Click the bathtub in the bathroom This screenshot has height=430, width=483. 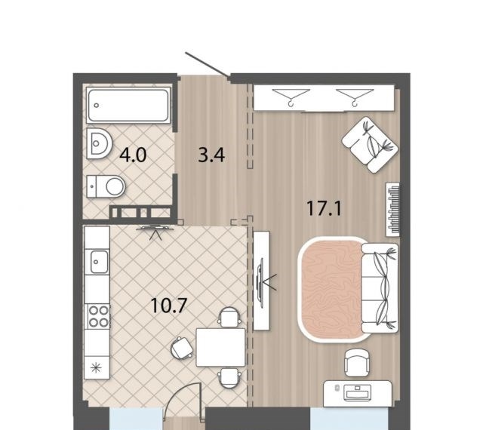point(128,105)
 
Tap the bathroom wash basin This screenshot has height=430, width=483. point(99,143)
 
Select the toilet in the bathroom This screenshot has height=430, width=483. point(106,186)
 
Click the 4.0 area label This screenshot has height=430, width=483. point(133,155)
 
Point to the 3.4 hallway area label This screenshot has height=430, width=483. point(211,155)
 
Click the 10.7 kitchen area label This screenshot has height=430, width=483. point(169,306)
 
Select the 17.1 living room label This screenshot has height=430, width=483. point(324,208)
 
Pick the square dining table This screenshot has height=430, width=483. point(220,347)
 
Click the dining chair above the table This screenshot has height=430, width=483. point(229,317)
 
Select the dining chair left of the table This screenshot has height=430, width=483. point(183,348)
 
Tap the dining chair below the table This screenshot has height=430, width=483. point(229,378)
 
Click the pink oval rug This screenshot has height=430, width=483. point(331,289)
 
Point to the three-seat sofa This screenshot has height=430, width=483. point(380,288)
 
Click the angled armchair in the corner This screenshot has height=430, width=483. point(370,144)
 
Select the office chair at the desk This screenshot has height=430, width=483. point(357,363)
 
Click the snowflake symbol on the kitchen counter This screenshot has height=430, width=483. point(97,368)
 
